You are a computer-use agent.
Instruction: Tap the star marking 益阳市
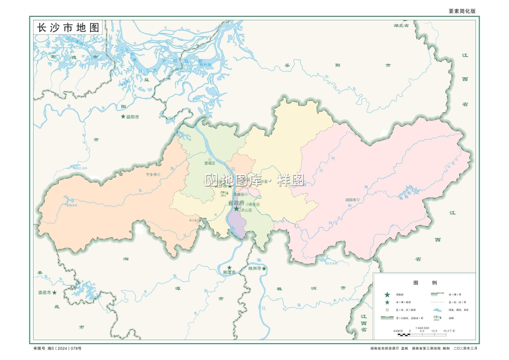[x=123, y=117]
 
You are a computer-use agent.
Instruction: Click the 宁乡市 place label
[x=152, y=174]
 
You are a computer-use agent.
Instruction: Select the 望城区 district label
[x=210, y=163]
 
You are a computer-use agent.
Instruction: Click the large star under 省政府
[x=236, y=209]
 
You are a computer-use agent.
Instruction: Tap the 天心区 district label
[x=246, y=210]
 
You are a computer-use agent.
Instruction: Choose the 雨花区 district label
[x=254, y=204]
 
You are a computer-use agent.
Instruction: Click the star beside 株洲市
[x=264, y=268]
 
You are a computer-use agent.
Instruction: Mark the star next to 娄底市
[x=54, y=292]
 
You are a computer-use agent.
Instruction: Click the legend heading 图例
[x=424, y=283]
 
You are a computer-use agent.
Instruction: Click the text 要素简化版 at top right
[x=462, y=11]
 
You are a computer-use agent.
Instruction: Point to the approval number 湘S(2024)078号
[x=63, y=348]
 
